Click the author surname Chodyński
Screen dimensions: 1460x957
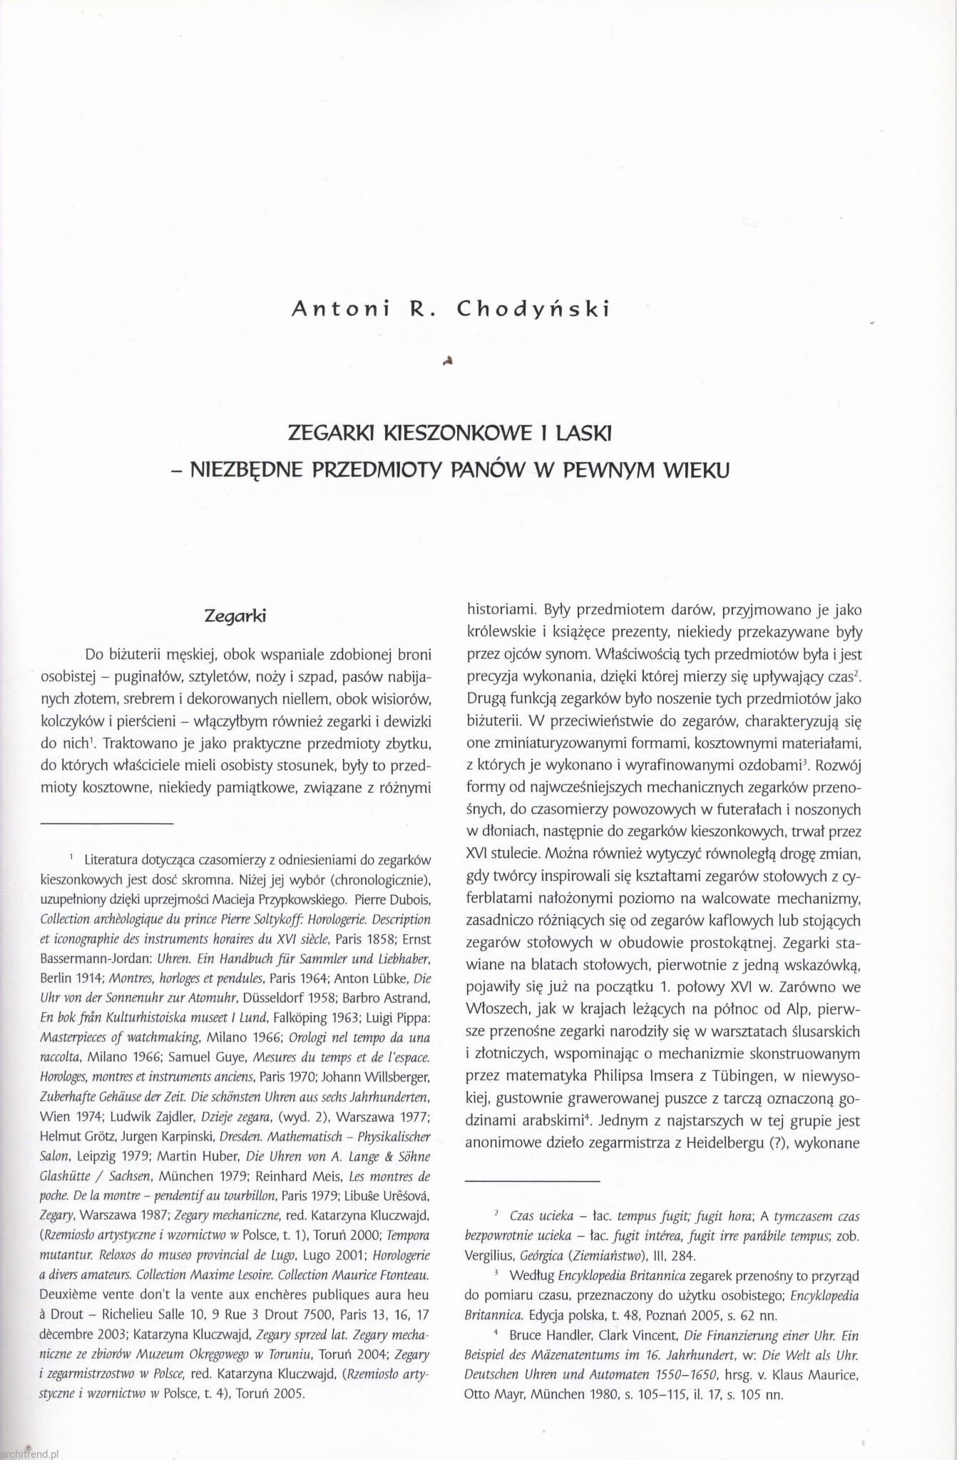click(534, 310)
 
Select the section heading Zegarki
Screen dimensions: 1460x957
click(235, 616)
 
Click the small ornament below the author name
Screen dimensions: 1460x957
click(449, 361)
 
